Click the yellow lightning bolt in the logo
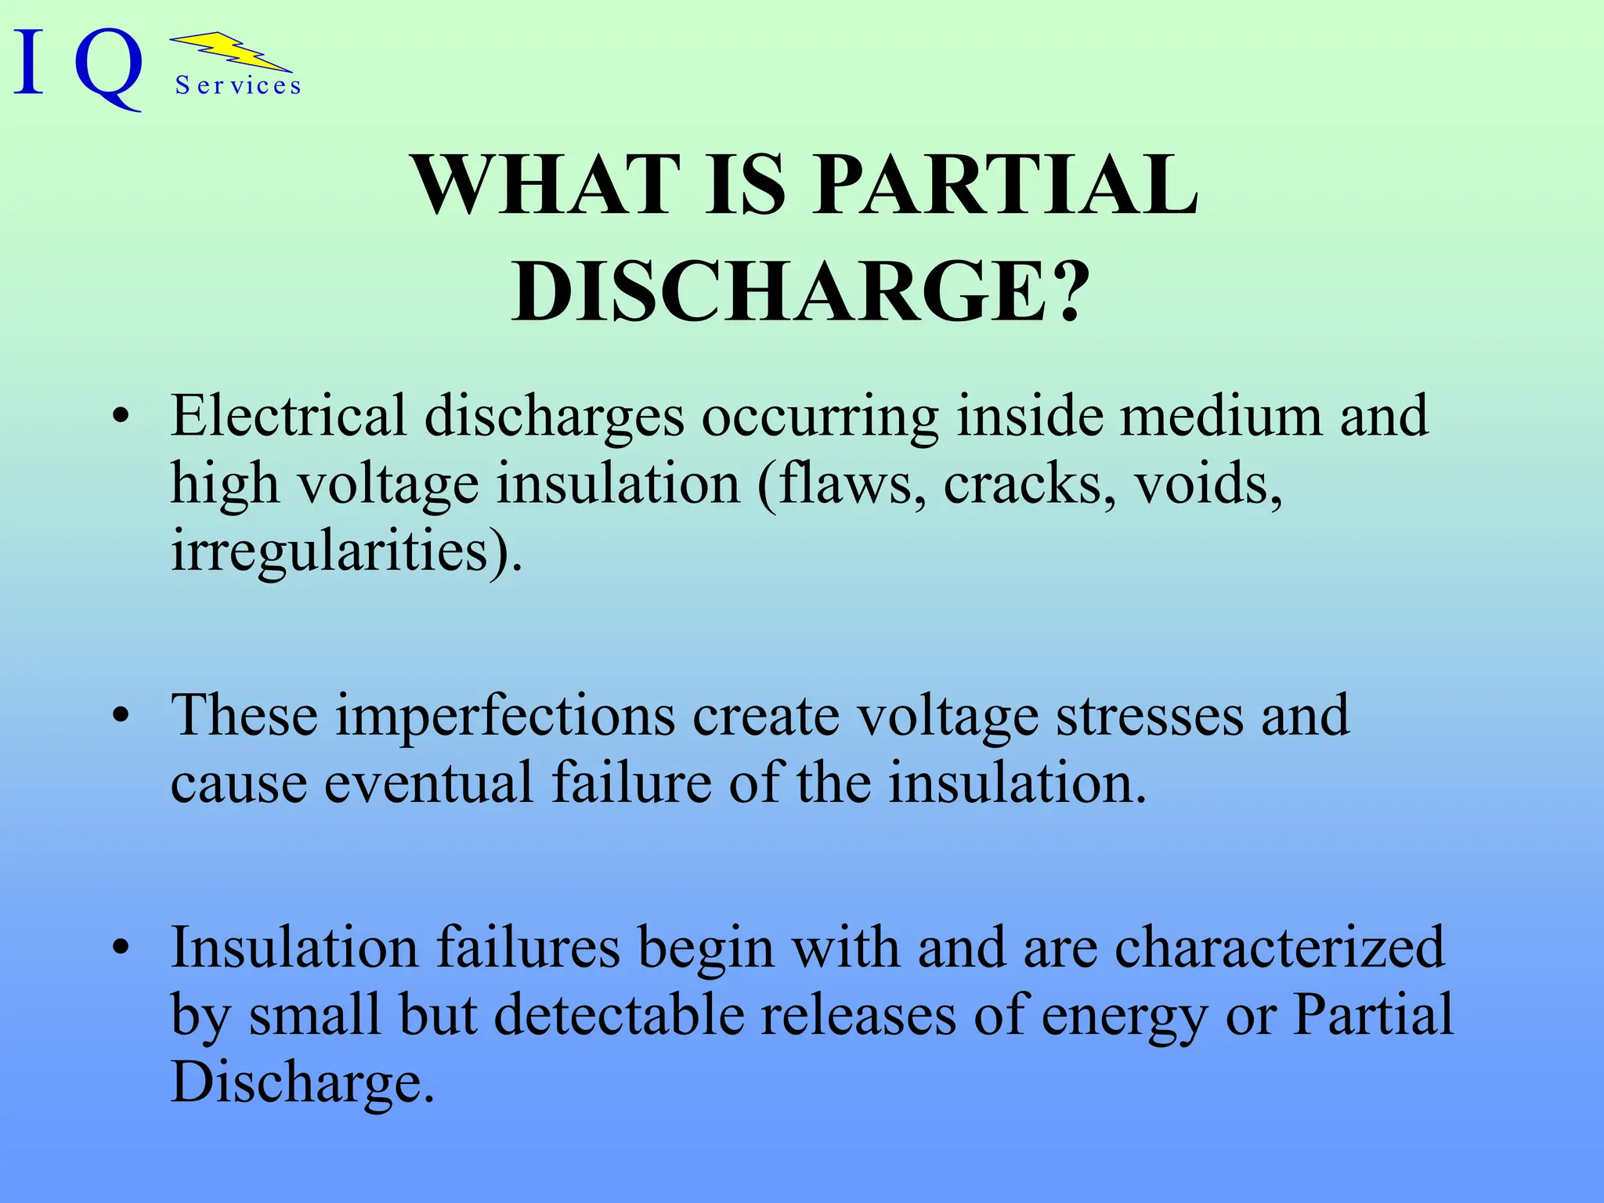tap(232, 53)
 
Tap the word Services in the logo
tap(238, 85)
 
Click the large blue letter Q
tap(110, 67)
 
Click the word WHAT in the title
tap(546, 186)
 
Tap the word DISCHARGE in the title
tap(779, 291)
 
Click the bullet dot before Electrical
tap(120, 417)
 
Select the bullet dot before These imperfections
tap(120, 716)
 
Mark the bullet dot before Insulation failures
tap(120, 948)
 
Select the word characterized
tap(1279, 948)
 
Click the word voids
tap(1207, 483)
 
